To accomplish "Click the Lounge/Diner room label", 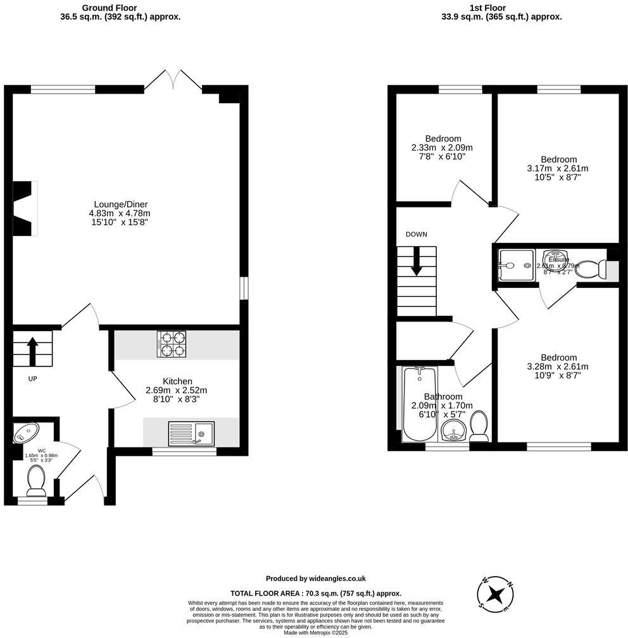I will click(x=121, y=204).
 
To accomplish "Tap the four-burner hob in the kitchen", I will click(x=172, y=345).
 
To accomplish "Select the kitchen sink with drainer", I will click(x=191, y=434).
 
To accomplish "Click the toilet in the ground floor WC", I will click(x=35, y=481).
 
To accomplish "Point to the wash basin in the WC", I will click(x=25, y=434).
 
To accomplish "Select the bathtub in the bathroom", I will click(x=419, y=405).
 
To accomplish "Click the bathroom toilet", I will click(x=479, y=426).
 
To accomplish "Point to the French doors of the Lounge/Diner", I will click(x=173, y=81).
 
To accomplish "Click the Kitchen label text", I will click(x=177, y=381).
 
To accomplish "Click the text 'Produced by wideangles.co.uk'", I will click(x=315, y=579).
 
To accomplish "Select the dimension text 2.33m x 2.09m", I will click(x=443, y=147).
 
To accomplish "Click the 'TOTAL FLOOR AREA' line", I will click(x=315, y=593).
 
